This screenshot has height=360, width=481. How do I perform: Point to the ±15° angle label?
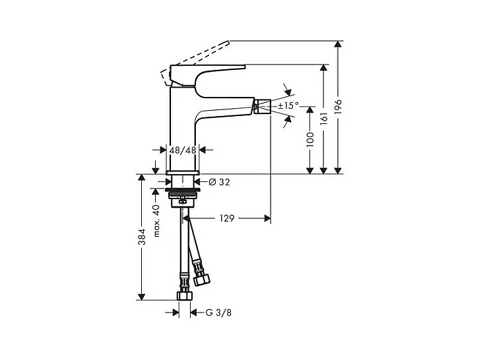click(x=288, y=105)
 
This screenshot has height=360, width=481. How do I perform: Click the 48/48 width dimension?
click(x=183, y=150)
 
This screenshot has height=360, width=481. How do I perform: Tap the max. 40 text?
click(x=157, y=220)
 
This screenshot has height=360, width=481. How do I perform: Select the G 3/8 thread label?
click(x=218, y=312)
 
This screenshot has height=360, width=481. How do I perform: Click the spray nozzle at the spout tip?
click(x=260, y=105)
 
